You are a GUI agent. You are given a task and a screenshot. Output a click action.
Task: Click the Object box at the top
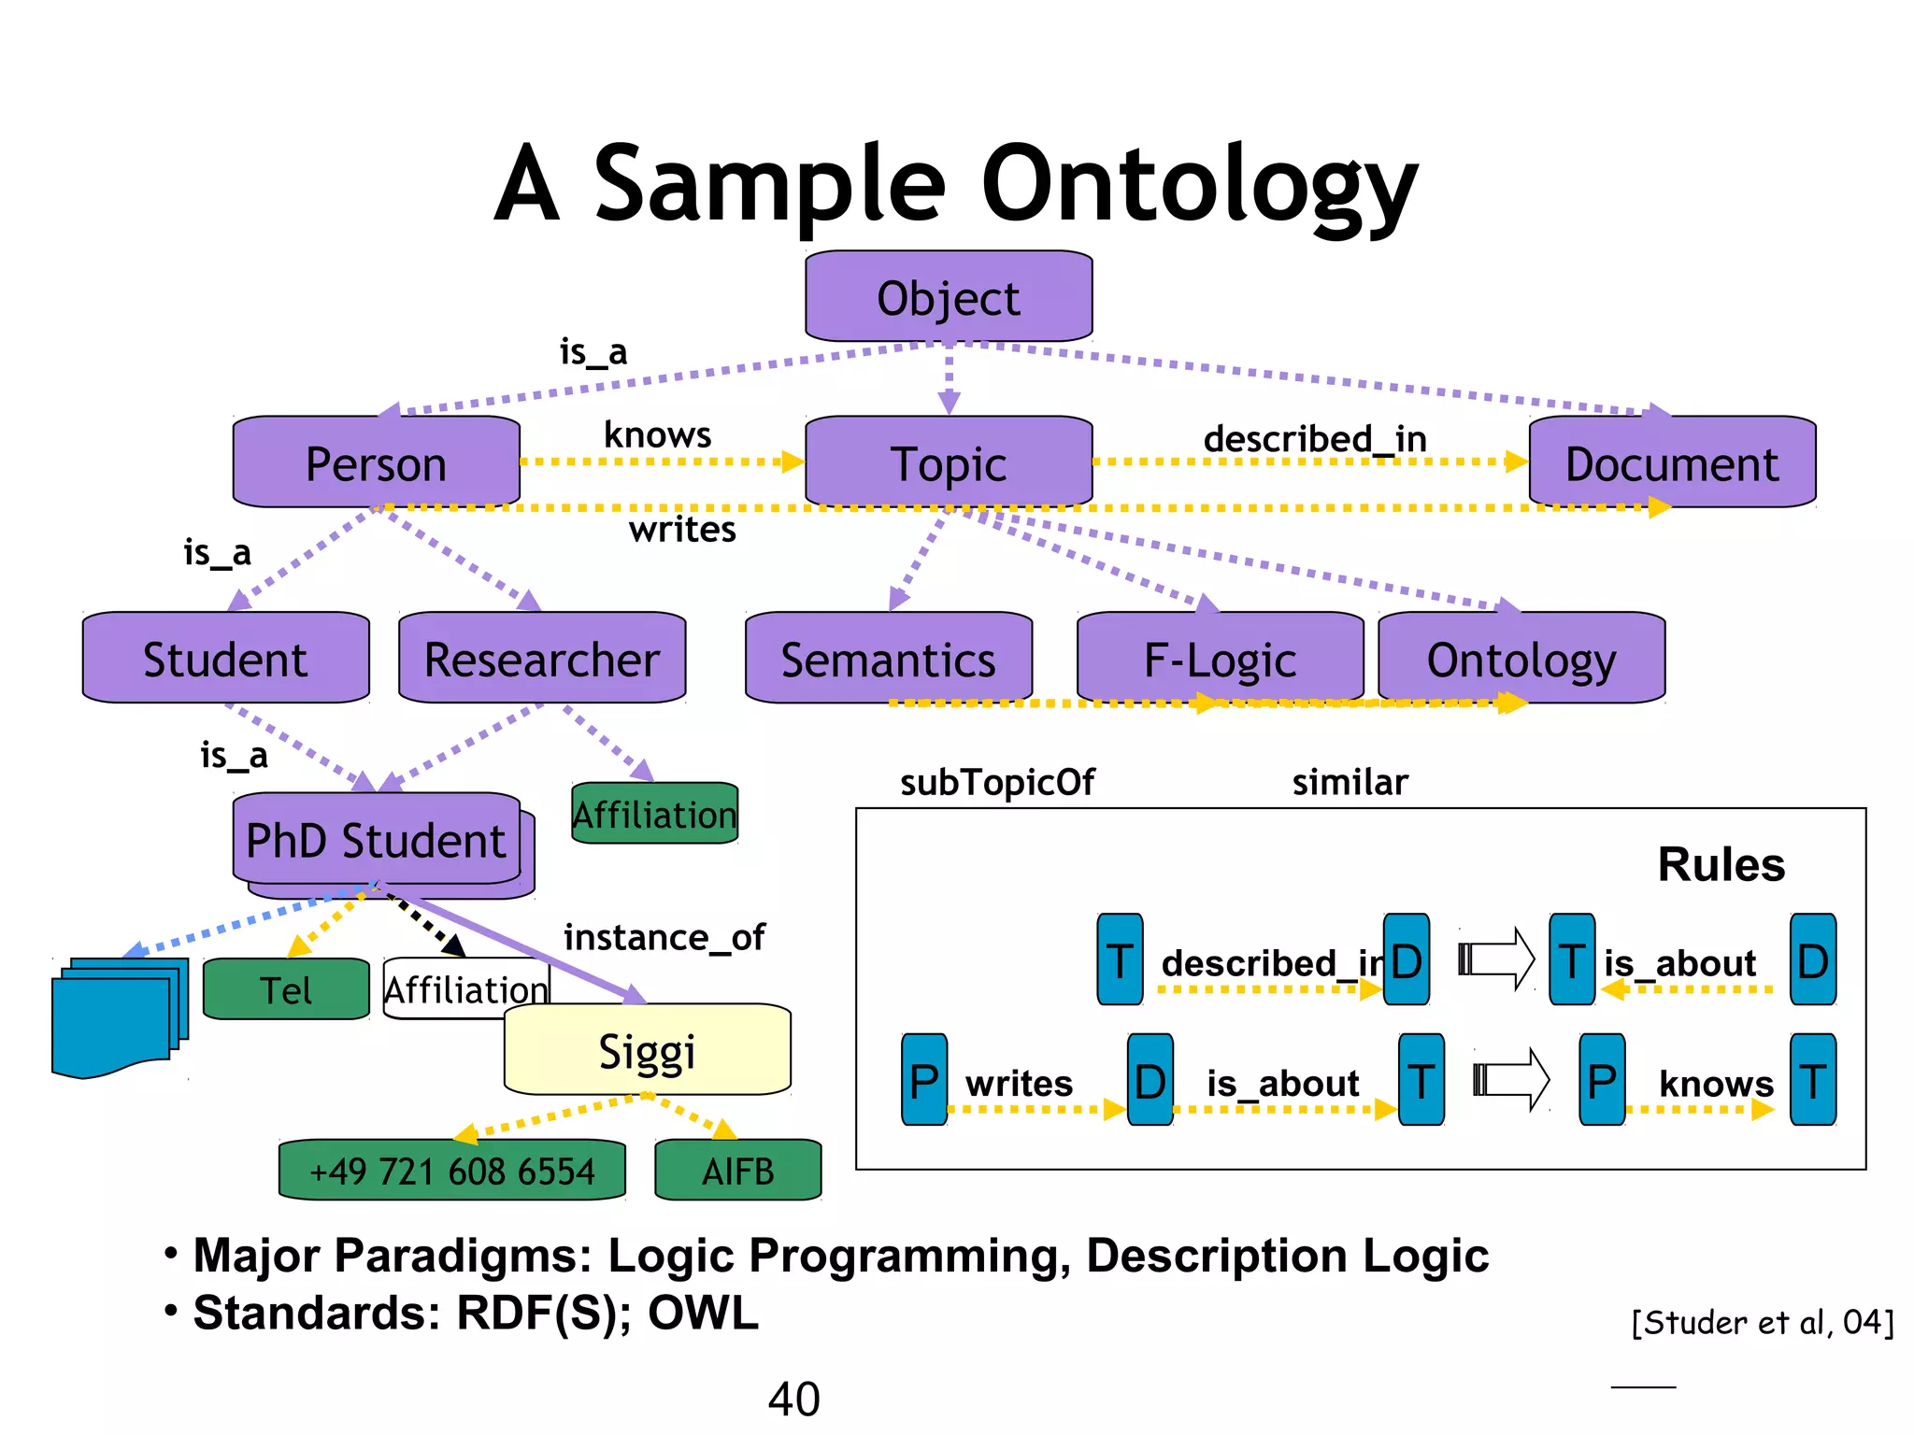click(949, 297)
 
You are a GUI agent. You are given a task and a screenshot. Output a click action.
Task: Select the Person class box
click(376, 462)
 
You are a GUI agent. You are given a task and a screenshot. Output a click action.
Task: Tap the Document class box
click(1672, 462)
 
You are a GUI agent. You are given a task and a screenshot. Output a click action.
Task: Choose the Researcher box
click(542, 659)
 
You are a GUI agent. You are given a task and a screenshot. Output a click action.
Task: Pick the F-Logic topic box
click(1220, 659)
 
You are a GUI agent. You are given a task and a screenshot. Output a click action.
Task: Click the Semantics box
click(888, 659)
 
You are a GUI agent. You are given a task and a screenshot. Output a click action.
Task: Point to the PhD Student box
click(376, 839)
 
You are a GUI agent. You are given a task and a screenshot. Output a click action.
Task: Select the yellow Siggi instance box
click(647, 1050)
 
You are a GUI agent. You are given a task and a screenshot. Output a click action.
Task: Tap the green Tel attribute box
click(286, 989)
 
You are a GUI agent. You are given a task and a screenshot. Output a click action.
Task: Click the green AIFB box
click(738, 1171)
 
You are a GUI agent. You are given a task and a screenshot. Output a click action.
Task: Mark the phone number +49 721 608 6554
click(452, 1171)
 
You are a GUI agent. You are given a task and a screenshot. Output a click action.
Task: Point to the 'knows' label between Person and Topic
click(657, 434)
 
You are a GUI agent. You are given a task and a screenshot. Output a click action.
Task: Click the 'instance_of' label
click(664, 936)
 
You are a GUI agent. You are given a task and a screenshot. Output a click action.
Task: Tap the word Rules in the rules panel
click(1721, 864)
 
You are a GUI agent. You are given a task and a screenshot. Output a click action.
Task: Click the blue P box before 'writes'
click(923, 1080)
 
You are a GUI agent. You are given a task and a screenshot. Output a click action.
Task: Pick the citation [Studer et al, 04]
click(1762, 1322)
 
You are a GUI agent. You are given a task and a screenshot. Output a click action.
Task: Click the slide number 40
click(793, 1399)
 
